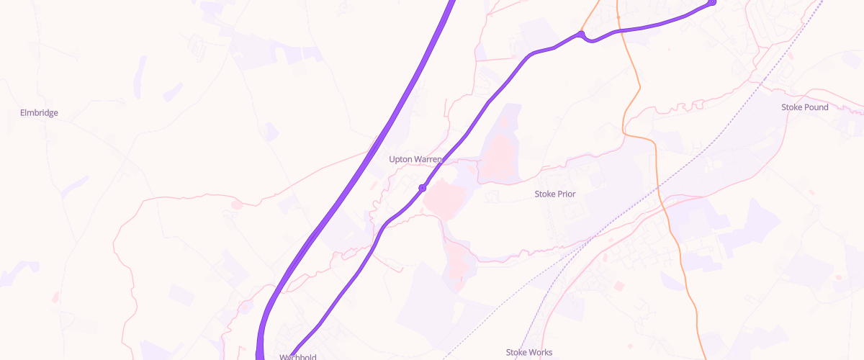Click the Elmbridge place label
click(39, 113)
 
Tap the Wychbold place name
click(297, 356)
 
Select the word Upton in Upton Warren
click(402, 159)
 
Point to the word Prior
click(566, 194)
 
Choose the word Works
click(541, 352)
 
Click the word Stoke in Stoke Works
click(516, 352)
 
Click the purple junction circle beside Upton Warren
click(423, 188)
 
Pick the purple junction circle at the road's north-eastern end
click(712, 2)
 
